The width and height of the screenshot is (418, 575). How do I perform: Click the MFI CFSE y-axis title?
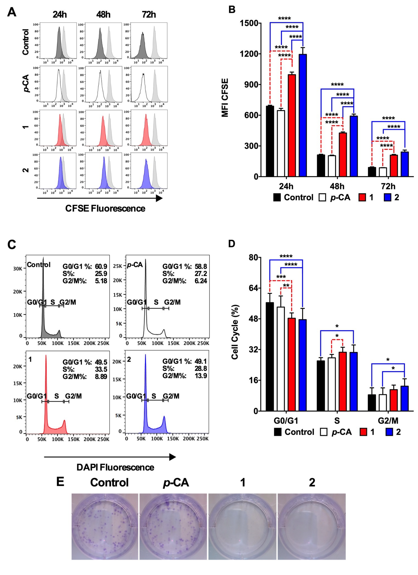(x=225, y=98)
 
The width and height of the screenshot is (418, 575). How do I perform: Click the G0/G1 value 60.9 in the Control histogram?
(x=101, y=266)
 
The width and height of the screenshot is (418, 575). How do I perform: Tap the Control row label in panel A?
(x=26, y=42)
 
